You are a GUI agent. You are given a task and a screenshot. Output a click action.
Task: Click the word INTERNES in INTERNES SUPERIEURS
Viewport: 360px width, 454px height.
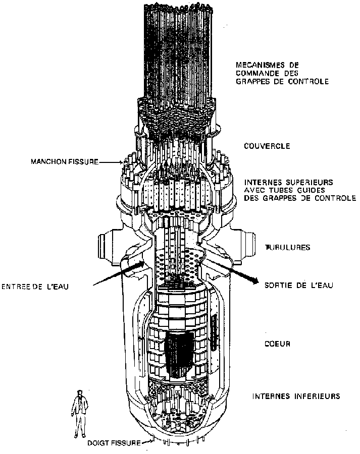261,181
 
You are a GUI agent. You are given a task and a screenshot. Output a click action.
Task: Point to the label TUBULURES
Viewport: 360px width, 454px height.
288,247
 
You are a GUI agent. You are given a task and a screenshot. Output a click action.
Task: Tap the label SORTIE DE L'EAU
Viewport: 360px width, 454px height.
298,285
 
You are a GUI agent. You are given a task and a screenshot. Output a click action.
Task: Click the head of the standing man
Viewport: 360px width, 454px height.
79,393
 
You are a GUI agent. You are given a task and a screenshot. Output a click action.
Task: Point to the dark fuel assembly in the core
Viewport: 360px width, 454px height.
178,353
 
